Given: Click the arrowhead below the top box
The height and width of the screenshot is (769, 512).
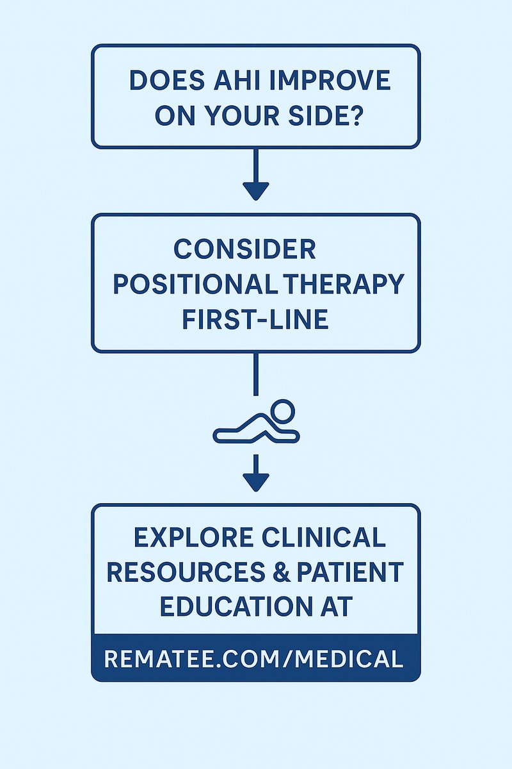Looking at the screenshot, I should tap(256, 190).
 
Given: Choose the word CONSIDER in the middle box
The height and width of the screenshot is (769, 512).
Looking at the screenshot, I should tap(245, 249).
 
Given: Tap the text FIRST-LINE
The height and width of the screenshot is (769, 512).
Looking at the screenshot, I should tap(255, 318).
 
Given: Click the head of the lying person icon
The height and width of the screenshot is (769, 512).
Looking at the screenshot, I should tap(282, 410).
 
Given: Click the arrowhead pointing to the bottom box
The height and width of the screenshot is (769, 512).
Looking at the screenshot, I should tap(256, 482).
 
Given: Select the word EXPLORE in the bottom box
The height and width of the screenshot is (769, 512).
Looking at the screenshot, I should tap(190, 538).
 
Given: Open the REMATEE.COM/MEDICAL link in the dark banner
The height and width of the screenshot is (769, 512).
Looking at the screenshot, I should tap(255, 658).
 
